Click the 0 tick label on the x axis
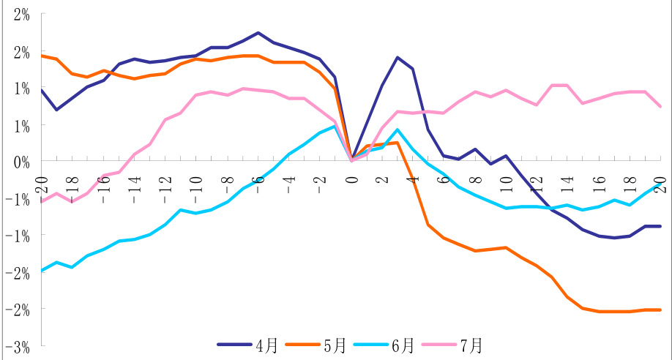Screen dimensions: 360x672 click(352, 177)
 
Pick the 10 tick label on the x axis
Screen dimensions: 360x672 click(507, 179)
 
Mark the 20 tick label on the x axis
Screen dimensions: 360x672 click(661, 179)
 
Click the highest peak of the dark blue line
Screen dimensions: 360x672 click(258, 33)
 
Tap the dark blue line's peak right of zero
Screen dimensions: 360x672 click(397, 57)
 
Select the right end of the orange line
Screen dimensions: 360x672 click(661, 310)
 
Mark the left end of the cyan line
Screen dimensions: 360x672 click(41, 271)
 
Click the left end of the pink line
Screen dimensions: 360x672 click(41, 201)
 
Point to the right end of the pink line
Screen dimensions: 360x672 click(661, 106)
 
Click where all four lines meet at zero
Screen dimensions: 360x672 click(352, 160)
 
